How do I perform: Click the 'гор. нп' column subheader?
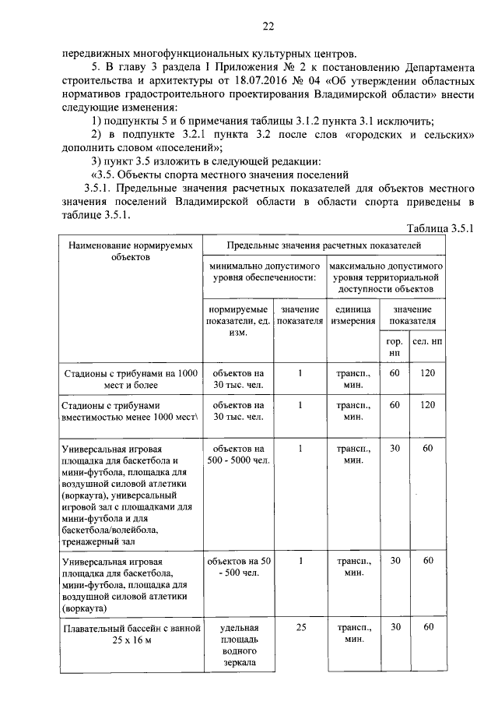(395, 347)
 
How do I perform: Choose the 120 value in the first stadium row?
(428, 373)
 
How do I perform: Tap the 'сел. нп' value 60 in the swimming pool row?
(428, 626)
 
